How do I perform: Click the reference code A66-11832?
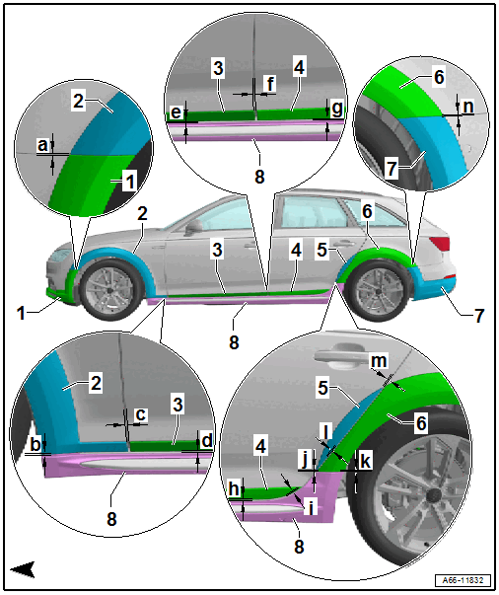click(463, 580)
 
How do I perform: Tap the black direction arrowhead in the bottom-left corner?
click(24, 568)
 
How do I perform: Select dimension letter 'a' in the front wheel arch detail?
click(42, 145)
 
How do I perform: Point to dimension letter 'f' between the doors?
click(270, 84)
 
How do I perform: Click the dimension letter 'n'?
click(468, 107)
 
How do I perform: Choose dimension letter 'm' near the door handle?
click(379, 361)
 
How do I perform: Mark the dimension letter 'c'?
click(140, 414)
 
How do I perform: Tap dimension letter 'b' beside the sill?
click(36, 444)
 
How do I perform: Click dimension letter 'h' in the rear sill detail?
click(234, 488)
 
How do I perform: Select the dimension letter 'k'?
click(365, 461)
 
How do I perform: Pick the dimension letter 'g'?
click(336, 109)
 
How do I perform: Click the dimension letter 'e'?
click(176, 112)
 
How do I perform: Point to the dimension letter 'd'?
click(207, 441)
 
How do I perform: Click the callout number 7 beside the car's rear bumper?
click(479, 316)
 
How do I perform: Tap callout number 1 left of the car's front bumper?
click(21, 313)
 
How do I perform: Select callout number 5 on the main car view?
click(321, 250)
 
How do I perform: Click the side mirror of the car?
click(194, 226)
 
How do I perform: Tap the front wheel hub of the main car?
click(109, 290)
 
